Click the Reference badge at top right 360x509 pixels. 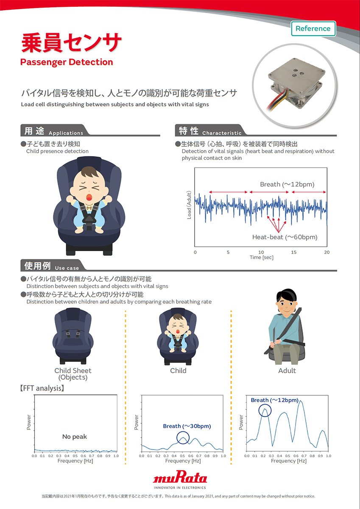pyautogui.click(x=313, y=29)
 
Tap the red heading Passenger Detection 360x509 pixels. pyautogui.click(x=67, y=62)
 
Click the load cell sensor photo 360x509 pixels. pyautogui.click(x=295, y=84)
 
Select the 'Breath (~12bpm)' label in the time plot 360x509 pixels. pyautogui.click(x=287, y=184)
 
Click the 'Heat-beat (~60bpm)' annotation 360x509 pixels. pyautogui.click(x=285, y=237)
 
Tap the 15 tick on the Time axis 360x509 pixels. pyautogui.click(x=294, y=252)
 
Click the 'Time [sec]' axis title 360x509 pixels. pyautogui.click(x=262, y=257)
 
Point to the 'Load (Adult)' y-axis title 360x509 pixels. pyautogui.click(x=189, y=205)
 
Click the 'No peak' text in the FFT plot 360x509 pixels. pyautogui.click(x=75, y=436)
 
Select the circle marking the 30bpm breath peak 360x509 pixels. pyautogui.click(x=183, y=438)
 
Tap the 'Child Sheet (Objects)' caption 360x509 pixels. pyautogui.click(x=73, y=374)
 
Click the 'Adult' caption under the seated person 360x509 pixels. pyautogui.click(x=287, y=371)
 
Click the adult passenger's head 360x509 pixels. pyautogui.click(x=286, y=301)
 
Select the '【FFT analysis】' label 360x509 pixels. pyautogui.click(x=42, y=388)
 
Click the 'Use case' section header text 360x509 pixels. pyautogui.click(x=67, y=268)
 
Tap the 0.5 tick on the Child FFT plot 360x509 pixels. pyautogui.click(x=182, y=456)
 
